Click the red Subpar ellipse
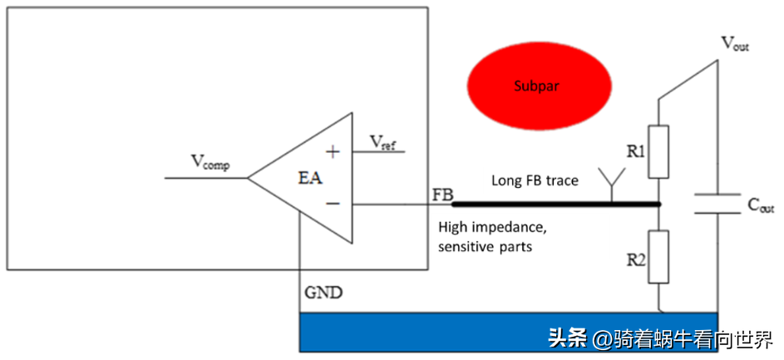point(540,86)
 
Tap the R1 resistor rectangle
point(658,151)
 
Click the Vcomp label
point(210,162)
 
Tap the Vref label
point(383,143)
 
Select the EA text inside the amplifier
point(310,178)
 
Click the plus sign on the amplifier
point(333,151)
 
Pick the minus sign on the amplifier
point(333,203)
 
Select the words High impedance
point(492,227)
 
